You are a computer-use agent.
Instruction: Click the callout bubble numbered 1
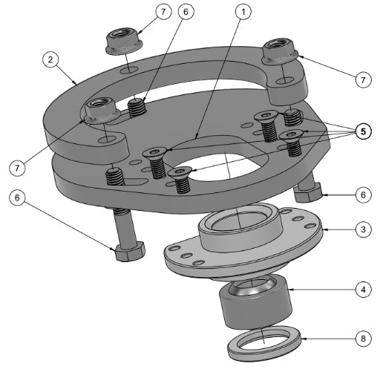[x=242, y=13]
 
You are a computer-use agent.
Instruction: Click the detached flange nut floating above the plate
[x=120, y=39]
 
